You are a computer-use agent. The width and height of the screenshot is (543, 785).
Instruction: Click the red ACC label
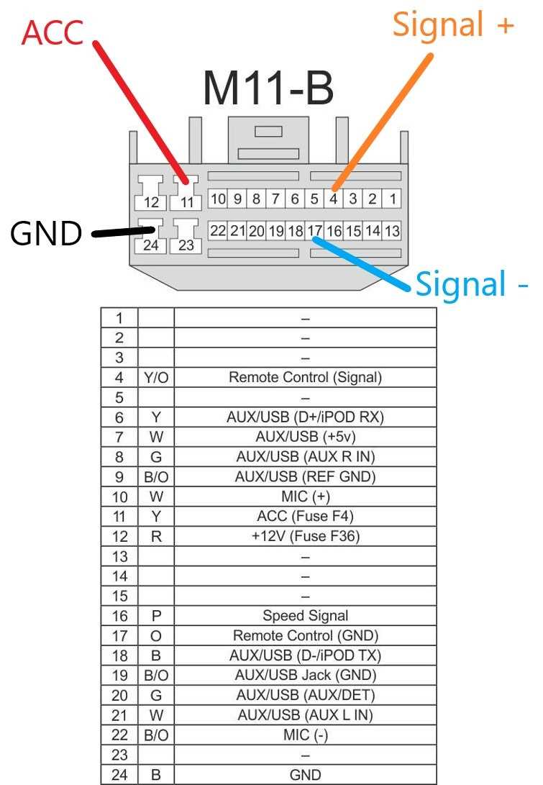point(53,32)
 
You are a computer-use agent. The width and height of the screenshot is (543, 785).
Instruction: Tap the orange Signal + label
point(453,24)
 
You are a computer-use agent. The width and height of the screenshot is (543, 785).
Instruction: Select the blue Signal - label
point(471,284)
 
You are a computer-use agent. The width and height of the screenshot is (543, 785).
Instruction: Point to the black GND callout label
point(46,233)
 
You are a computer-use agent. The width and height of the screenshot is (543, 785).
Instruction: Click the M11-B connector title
point(268,88)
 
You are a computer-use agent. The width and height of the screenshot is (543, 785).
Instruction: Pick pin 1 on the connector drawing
point(393,199)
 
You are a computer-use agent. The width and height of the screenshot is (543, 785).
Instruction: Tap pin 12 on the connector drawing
point(151,202)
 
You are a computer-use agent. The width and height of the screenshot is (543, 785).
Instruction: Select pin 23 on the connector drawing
point(186,245)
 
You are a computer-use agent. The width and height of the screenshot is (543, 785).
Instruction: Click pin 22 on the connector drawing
point(218,230)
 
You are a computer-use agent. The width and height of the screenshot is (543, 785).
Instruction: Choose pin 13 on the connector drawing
point(392,231)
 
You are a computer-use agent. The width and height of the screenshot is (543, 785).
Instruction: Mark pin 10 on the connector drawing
point(218,199)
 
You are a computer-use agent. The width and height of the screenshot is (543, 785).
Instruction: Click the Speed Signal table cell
point(305,616)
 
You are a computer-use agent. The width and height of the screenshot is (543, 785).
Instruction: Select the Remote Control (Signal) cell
point(305,378)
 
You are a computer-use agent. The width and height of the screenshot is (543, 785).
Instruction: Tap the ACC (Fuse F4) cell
point(305,516)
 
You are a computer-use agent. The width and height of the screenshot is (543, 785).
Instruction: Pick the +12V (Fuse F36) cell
point(305,536)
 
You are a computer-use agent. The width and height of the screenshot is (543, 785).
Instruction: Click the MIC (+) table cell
point(305,496)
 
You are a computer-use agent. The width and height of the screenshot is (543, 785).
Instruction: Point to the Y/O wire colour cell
point(156,378)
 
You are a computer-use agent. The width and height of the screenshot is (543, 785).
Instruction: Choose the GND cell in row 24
point(305,775)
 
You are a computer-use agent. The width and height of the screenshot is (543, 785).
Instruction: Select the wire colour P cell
point(156,616)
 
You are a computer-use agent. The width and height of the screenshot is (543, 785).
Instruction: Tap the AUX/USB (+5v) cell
point(305,437)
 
